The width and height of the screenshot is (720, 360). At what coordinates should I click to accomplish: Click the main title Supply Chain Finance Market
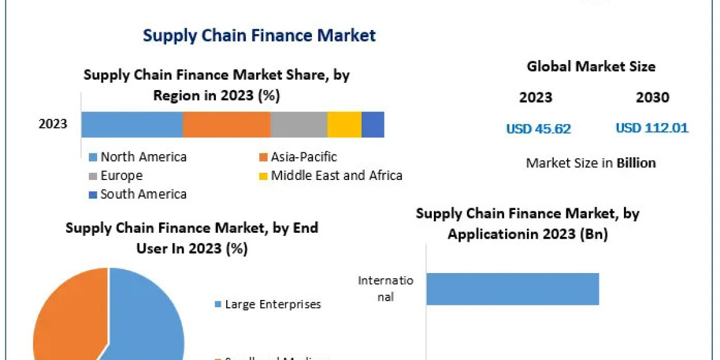pyautogui.click(x=259, y=35)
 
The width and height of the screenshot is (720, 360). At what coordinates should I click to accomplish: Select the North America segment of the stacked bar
pyautogui.click(x=132, y=125)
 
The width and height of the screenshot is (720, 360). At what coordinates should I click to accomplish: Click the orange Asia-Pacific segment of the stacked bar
pyautogui.click(x=226, y=125)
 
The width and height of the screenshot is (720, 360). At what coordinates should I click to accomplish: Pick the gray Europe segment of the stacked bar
pyautogui.click(x=298, y=125)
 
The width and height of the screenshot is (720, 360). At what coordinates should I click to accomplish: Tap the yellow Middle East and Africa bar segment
pyautogui.click(x=344, y=125)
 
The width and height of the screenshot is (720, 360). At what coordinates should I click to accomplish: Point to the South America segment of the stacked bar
pyautogui.click(x=373, y=125)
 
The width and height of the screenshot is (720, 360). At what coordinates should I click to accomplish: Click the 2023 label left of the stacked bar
pyautogui.click(x=53, y=124)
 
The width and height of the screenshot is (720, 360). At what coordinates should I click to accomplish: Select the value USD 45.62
pyautogui.click(x=538, y=128)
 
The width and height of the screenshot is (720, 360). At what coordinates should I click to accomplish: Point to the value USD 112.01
pyautogui.click(x=652, y=128)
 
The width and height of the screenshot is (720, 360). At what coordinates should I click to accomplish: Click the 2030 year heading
pyautogui.click(x=652, y=98)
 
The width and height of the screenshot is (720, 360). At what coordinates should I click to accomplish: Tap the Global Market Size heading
pyautogui.click(x=591, y=67)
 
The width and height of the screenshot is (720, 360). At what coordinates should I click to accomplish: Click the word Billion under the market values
pyautogui.click(x=636, y=163)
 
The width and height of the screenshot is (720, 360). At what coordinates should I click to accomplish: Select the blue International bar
pyautogui.click(x=512, y=289)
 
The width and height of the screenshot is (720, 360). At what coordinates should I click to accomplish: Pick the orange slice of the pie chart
pyautogui.click(x=66, y=318)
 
